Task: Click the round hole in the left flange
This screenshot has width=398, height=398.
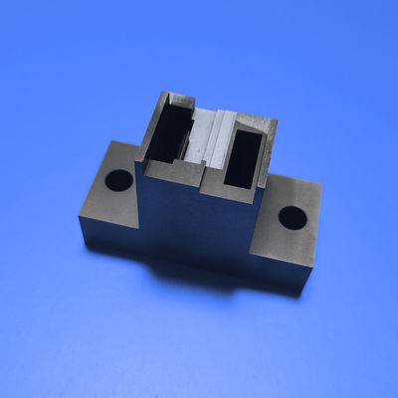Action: pyautogui.click(x=119, y=181)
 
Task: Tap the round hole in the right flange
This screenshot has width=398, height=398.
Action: pyautogui.click(x=292, y=216)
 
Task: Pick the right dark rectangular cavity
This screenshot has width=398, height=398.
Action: pyautogui.click(x=245, y=154)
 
